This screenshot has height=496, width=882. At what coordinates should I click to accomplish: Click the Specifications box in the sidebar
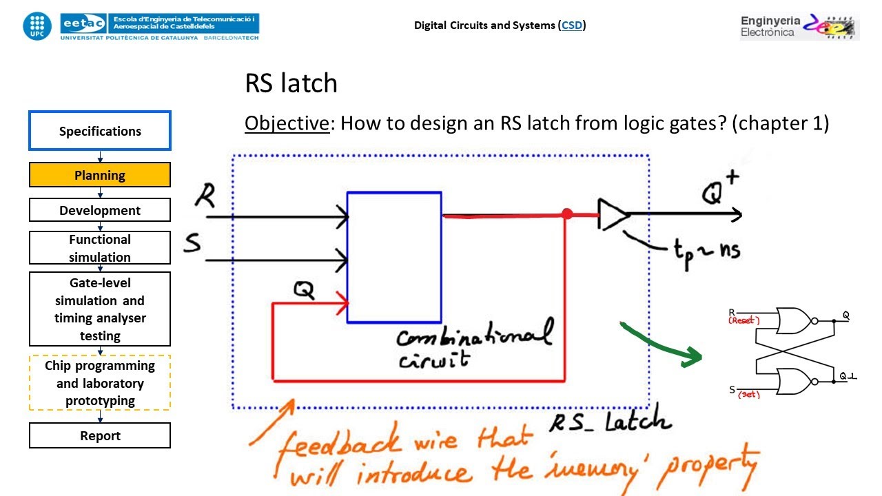pos(100,131)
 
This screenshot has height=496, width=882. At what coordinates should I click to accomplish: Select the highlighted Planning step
pos(100,175)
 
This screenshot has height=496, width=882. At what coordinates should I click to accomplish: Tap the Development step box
pos(100,210)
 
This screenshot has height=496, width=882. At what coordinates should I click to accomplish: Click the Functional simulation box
pos(100,248)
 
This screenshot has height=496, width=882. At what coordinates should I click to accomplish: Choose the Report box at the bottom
pos(100,435)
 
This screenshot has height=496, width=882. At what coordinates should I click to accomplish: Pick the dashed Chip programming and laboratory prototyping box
pos(100,383)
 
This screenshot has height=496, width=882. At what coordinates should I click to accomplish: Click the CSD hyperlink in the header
pos(572,25)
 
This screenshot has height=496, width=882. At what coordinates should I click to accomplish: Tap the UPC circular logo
pos(37,25)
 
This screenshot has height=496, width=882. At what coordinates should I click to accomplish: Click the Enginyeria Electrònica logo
pos(799,27)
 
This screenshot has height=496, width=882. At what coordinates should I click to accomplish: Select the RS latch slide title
pos(291,83)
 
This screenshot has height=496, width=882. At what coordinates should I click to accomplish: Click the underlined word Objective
pos(287,123)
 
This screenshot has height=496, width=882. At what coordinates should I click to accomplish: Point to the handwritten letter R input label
pos(204,196)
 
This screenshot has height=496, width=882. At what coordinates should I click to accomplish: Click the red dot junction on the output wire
pos(567,215)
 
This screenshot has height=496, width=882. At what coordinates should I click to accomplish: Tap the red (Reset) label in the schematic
pos(743,321)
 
